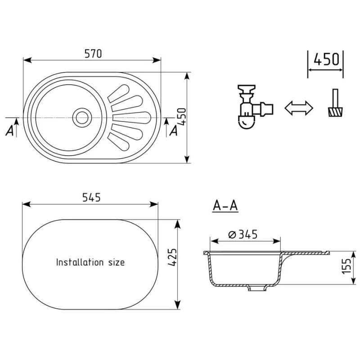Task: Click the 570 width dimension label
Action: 93,54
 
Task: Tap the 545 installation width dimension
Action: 91,198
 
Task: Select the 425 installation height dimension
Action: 172,257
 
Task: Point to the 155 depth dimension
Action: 346,266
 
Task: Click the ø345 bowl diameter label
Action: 243,234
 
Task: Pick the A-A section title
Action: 225,206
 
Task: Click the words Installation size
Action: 90,262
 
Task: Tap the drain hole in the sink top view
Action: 82,118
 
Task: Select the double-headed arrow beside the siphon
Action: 299,108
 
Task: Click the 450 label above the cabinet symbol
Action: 326,59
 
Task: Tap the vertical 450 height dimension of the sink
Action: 183,117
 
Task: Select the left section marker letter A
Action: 9,131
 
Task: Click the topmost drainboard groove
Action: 119,93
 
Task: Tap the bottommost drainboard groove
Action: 119,143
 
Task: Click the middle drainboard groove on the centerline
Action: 132,118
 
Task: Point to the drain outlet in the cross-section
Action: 257,288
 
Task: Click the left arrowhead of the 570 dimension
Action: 27,60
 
